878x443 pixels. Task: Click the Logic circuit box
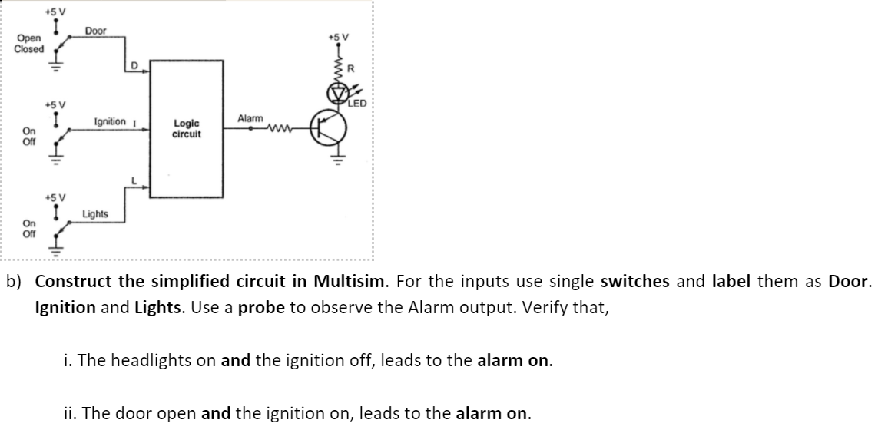coord(187,128)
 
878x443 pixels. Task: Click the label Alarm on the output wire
coord(250,119)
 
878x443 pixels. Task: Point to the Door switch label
coord(95,31)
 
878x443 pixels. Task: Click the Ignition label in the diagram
coord(110,121)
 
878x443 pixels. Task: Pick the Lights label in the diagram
coord(95,213)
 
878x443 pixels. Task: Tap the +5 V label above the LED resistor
coord(338,36)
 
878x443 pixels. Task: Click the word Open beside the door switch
coord(27,38)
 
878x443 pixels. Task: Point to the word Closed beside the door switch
coord(29,48)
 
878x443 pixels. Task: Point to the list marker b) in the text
coord(16,281)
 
